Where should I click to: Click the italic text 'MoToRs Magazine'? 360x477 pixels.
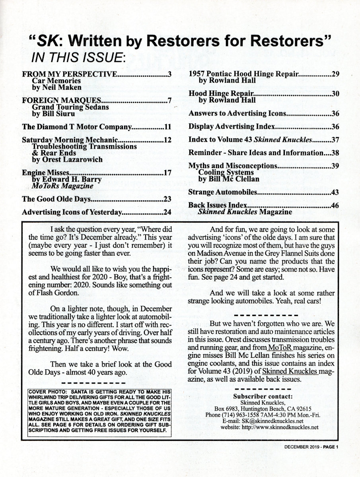point(62,186)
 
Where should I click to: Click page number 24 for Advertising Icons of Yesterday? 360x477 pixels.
point(167,212)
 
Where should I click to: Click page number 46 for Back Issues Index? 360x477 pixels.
point(335,206)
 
